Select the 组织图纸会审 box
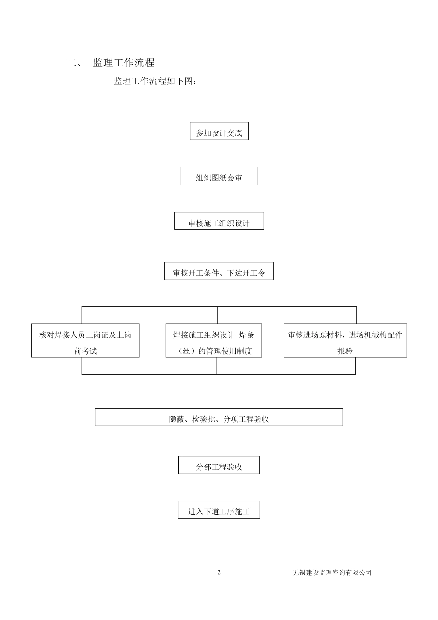pyautogui.click(x=219, y=176)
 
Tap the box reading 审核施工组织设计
pyautogui.click(x=219, y=221)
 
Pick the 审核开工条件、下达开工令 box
pyautogui.click(x=219, y=271)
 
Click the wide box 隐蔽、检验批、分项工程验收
pyautogui.click(x=219, y=417)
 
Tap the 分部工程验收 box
pyautogui.click(x=219, y=465)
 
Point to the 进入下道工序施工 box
pyautogui.click(x=219, y=510)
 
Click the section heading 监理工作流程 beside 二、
pyautogui.click(x=124, y=63)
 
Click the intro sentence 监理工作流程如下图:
pyautogui.click(x=157, y=82)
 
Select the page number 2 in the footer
pyautogui.click(x=219, y=572)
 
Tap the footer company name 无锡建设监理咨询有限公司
pyautogui.click(x=331, y=572)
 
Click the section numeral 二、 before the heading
pyautogui.click(x=74, y=63)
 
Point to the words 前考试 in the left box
pyautogui.click(x=85, y=351)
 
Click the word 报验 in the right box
pyautogui.click(x=345, y=351)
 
